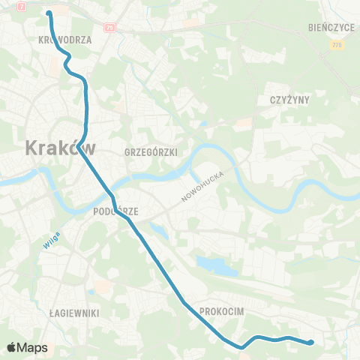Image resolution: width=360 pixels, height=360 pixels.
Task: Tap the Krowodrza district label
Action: click(x=64, y=41)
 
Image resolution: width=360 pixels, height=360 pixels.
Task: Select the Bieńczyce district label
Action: click(x=330, y=26)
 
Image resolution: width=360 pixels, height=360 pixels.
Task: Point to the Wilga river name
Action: click(x=50, y=241)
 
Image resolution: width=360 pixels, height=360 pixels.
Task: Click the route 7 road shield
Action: click(x=22, y=6)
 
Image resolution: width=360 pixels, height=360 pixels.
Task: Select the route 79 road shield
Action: click(x=110, y=28)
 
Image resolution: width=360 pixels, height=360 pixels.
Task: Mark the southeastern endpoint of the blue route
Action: click(x=310, y=343)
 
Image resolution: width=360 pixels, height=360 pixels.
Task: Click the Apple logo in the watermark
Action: click(x=12, y=347)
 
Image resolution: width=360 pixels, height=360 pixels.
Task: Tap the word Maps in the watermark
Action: click(x=33, y=347)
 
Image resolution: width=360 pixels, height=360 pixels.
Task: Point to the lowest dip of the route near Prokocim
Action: click(x=241, y=347)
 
